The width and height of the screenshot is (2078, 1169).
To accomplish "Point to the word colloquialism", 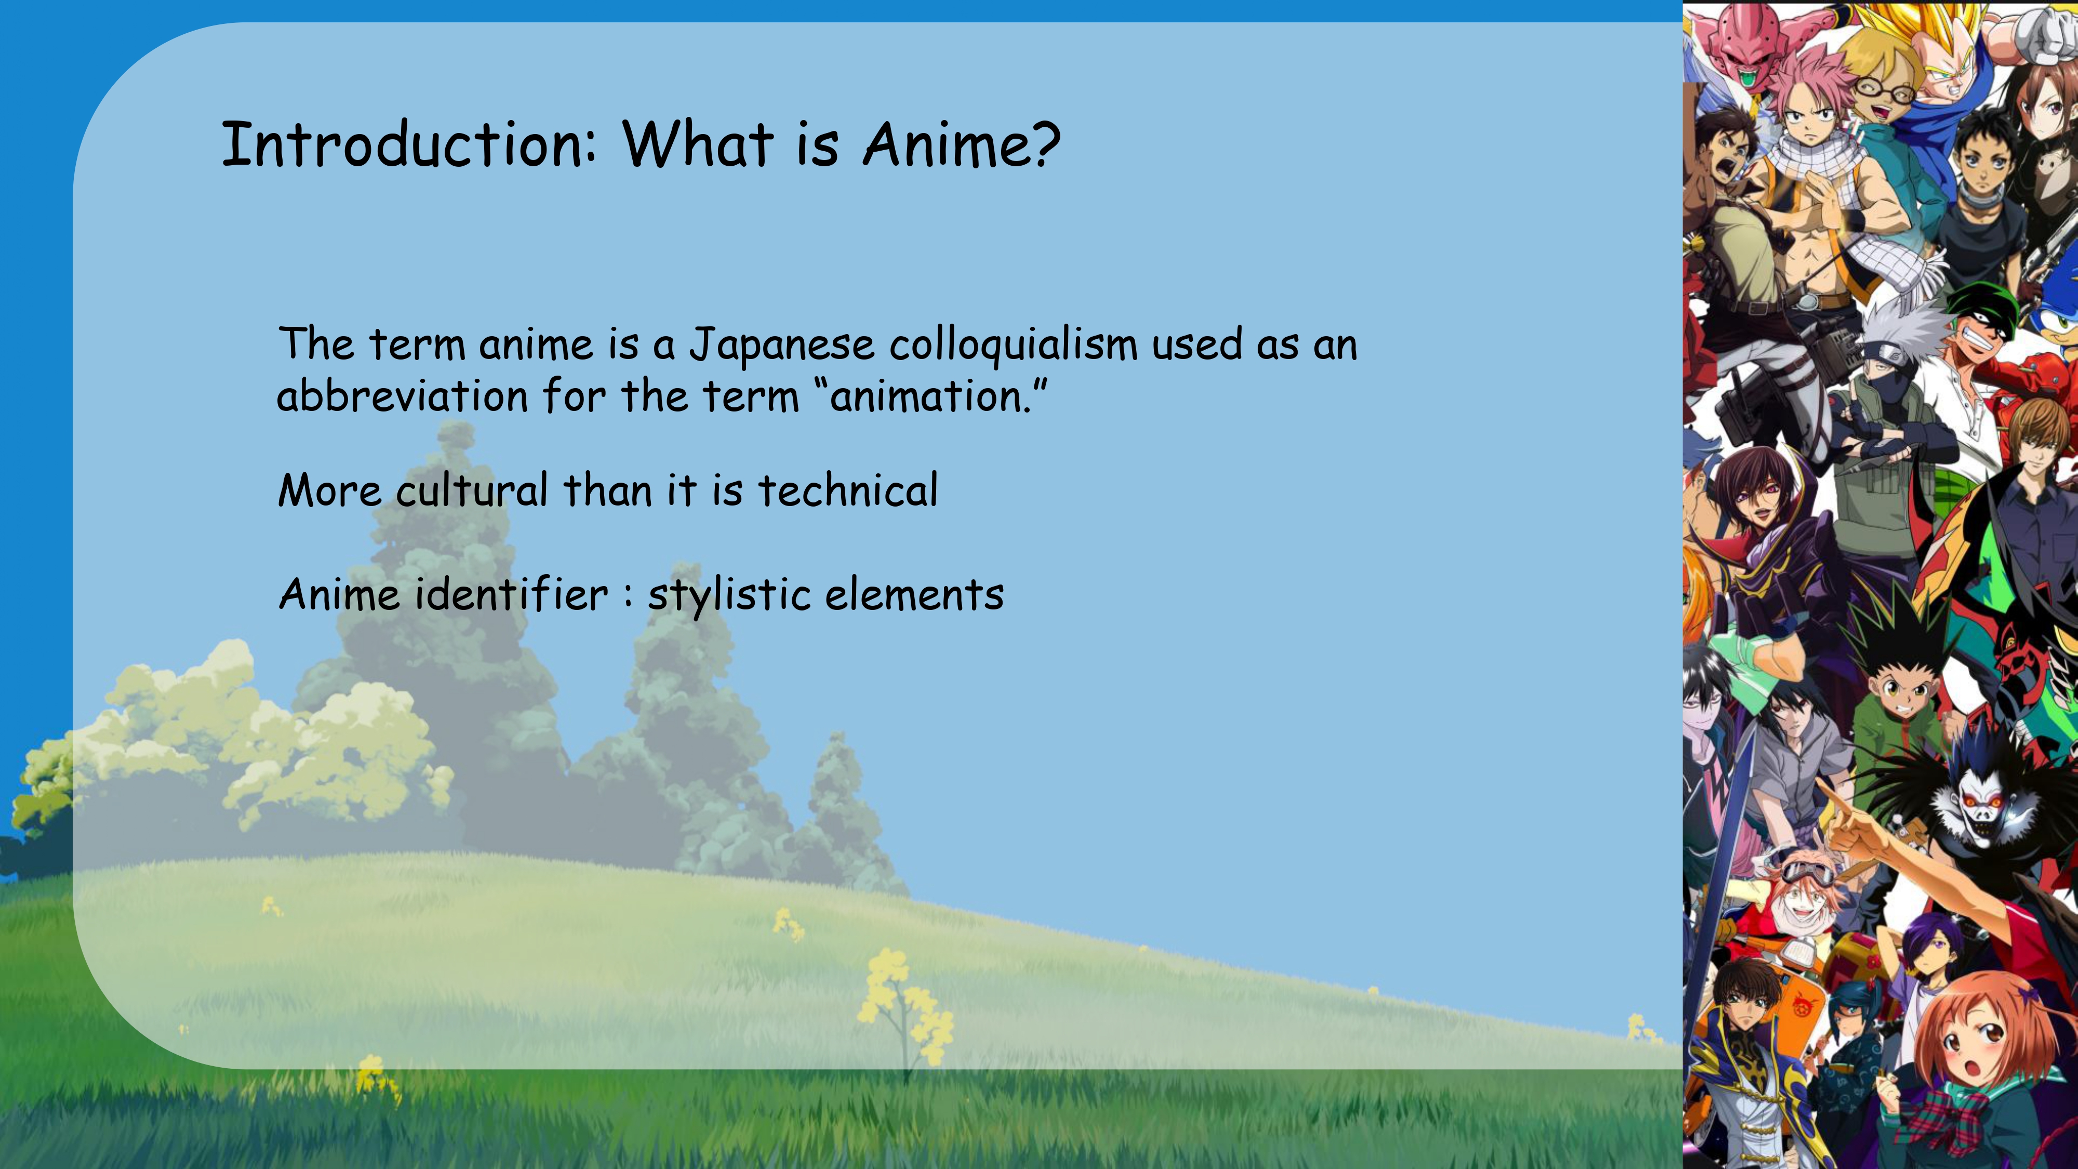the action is (x=1013, y=346).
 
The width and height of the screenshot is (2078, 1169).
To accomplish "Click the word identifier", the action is (x=511, y=594).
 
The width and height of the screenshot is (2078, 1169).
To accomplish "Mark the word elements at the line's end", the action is (x=915, y=594).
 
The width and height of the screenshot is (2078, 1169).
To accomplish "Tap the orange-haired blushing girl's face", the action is (x=1984, y=1041).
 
